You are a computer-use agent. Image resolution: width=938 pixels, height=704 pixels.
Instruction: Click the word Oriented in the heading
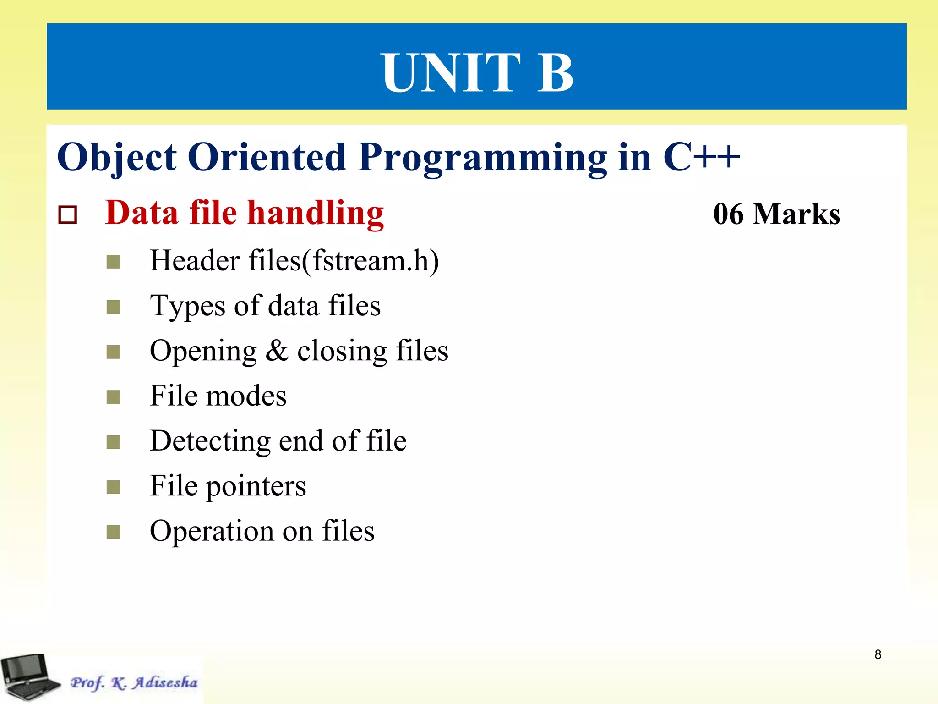[267, 157]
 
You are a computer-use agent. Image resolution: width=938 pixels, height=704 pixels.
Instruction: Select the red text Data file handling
[244, 213]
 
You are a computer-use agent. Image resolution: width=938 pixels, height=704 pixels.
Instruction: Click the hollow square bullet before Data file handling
[68, 214]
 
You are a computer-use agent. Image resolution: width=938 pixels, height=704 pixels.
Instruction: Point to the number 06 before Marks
[728, 214]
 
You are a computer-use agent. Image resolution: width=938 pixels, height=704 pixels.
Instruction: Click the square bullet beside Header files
[113, 262]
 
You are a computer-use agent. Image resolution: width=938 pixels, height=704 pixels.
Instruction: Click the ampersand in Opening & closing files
[277, 351]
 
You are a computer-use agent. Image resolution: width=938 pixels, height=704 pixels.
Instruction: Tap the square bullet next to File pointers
[113, 487]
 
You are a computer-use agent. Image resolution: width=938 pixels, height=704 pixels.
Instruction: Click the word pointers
[256, 486]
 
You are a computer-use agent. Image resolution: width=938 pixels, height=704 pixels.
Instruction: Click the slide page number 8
[878, 654]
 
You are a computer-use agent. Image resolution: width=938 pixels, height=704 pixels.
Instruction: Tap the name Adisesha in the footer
[165, 682]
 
